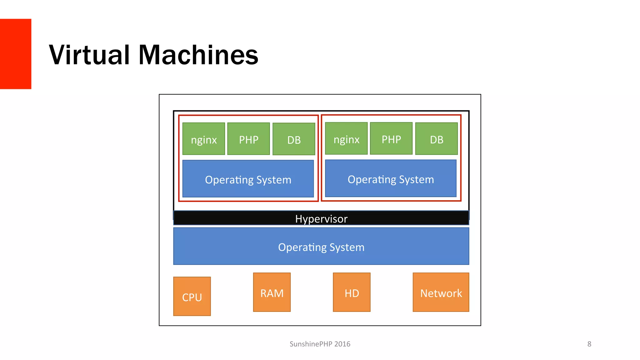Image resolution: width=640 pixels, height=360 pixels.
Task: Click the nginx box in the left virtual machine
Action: click(203, 139)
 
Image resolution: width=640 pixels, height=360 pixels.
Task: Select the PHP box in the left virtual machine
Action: click(248, 139)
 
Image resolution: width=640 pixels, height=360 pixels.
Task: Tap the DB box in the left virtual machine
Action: click(294, 139)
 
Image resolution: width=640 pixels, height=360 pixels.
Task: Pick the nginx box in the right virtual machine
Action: click(346, 138)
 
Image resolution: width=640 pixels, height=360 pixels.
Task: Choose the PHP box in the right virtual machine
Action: click(391, 138)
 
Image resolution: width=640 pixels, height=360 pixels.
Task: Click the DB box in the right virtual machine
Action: click(437, 139)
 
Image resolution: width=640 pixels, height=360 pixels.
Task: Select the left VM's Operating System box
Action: click(248, 179)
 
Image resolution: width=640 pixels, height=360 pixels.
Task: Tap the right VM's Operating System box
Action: click(391, 178)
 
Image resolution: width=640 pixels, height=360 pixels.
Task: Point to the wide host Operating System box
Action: click(321, 246)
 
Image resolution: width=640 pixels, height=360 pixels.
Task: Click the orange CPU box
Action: click(192, 296)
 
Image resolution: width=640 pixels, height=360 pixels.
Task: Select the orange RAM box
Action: click(272, 292)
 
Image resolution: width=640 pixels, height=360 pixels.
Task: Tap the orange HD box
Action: click(352, 292)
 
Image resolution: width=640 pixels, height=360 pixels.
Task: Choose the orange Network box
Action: click(441, 292)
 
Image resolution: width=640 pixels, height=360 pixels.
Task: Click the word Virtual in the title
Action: click(89, 55)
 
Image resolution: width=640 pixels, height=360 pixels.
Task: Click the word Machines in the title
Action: click(198, 55)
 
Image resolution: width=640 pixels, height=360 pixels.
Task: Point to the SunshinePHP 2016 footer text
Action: click(320, 344)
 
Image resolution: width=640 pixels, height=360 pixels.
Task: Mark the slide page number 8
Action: click(589, 344)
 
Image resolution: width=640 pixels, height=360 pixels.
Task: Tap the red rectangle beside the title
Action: click(15, 54)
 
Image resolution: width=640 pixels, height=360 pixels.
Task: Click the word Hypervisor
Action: click(321, 219)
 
